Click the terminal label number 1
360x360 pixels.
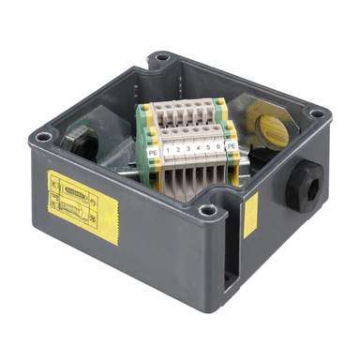click(167, 148)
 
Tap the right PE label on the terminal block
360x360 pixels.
click(230, 145)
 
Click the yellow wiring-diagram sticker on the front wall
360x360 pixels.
click(82, 197)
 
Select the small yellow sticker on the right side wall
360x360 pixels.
click(251, 216)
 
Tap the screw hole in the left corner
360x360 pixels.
click(42, 138)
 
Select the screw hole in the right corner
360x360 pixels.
click(316, 113)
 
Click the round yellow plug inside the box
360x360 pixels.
click(270, 129)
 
